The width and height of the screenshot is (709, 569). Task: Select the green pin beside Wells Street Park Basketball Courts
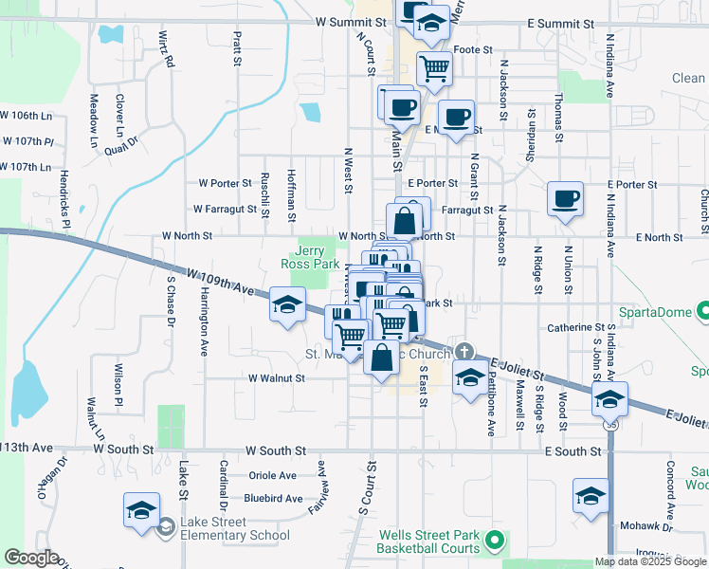click(493, 541)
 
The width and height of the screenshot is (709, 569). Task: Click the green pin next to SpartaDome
click(702, 310)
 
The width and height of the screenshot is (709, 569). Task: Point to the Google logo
click(31, 558)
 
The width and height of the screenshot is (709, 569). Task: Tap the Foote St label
click(474, 49)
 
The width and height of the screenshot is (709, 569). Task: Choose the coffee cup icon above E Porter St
click(566, 199)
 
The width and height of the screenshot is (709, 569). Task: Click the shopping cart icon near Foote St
click(434, 68)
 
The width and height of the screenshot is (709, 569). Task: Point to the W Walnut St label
click(276, 377)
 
